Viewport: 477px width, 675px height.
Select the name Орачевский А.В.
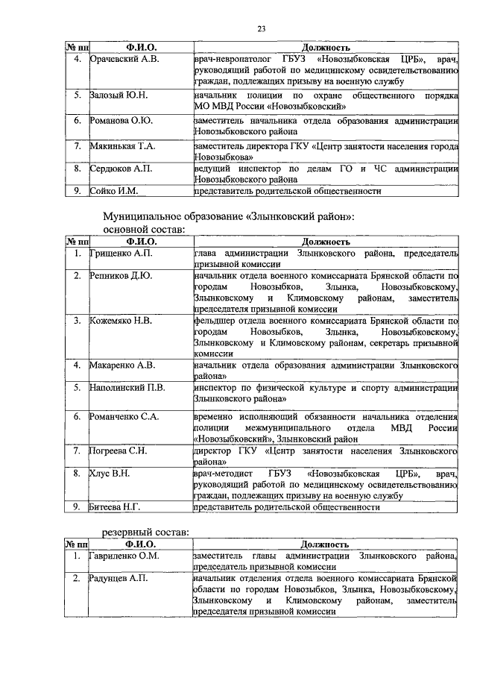point(123,59)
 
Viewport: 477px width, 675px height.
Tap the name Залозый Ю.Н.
point(119,96)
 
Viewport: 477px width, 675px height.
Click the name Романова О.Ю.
point(121,120)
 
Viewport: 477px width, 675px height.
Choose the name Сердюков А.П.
point(121,169)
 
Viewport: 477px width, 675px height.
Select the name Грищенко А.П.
point(121,254)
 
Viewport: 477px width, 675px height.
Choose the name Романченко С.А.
point(124,415)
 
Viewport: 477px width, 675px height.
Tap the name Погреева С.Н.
point(119,451)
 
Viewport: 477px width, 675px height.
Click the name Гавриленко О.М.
point(126,556)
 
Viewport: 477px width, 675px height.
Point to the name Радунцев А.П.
point(119,578)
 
